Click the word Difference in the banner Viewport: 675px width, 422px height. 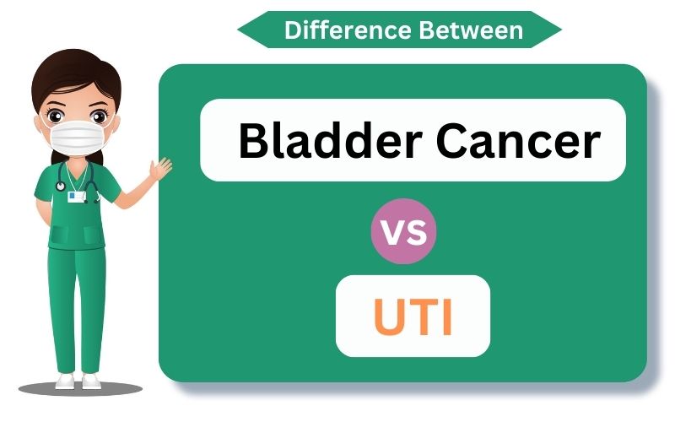[x=348, y=30]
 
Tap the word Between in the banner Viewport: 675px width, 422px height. [x=471, y=30]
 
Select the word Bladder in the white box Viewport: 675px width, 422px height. [x=330, y=140]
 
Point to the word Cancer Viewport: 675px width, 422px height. [x=518, y=141]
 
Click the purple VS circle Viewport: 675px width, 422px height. [x=404, y=231]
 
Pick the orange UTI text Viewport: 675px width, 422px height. [x=413, y=316]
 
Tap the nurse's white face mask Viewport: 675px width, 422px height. [x=77, y=137]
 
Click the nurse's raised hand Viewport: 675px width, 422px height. [x=160, y=168]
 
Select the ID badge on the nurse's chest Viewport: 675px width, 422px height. [x=77, y=197]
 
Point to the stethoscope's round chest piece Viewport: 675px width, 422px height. [x=61, y=186]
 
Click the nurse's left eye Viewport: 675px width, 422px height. [x=56, y=116]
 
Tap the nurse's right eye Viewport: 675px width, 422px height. [x=99, y=116]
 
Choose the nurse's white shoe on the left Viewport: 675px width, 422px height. [x=65, y=381]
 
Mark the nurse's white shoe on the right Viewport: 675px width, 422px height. [x=91, y=381]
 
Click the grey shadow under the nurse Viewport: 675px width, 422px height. [x=80, y=389]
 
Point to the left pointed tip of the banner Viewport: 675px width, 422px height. [x=238, y=30]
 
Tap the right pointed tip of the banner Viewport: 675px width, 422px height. [x=562, y=30]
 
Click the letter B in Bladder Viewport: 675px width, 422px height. [x=254, y=140]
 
